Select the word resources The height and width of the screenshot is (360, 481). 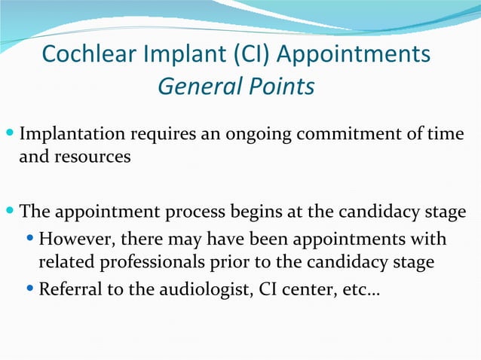92,158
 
